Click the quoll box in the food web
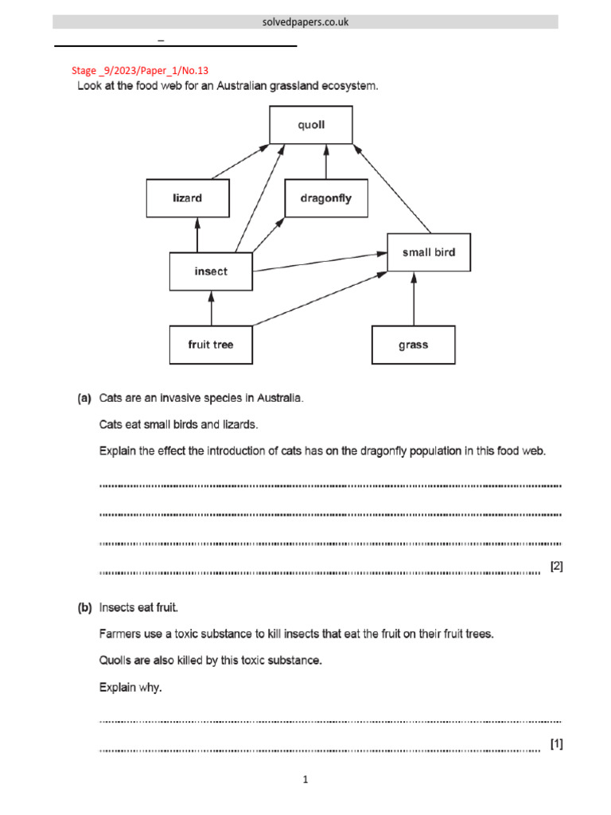pos(311,125)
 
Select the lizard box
pos(188,198)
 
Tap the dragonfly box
pos(326,198)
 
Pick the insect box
pos(211,271)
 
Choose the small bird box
pos(429,252)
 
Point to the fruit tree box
pos(211,345)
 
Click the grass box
pos(414,345)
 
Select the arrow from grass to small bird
pos(414,298)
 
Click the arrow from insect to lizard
pos(197,235)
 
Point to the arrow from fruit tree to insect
pos(211,308)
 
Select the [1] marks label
pos(556,743)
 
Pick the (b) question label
pos(84,608)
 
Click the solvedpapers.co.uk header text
pos(305,22)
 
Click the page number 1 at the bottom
pos(305,780)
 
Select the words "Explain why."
pos(130,687)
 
